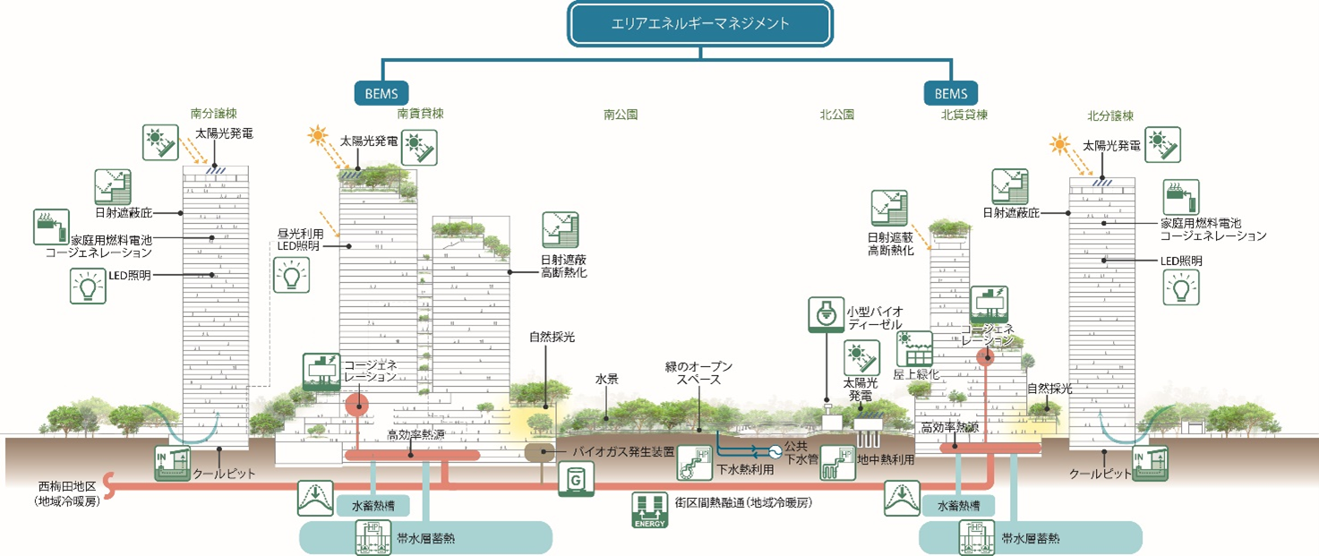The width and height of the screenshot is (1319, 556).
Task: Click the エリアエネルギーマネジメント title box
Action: [699, 24]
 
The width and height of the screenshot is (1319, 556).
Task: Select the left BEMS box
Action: [381, 92]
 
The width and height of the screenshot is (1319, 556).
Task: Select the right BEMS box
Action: [951, 92]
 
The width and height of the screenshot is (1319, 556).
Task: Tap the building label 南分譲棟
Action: [213, 115]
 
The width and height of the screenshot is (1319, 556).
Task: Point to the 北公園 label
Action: [836, 115]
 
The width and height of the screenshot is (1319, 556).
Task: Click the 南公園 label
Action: [621, 115]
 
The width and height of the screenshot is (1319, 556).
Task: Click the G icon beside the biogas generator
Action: [575, 480]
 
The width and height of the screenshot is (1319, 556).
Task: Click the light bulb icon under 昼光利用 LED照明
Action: [290, 274]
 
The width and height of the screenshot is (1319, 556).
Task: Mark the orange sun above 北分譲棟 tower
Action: [1060, 143]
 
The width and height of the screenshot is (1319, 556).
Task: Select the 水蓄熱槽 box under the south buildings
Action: [373, 507]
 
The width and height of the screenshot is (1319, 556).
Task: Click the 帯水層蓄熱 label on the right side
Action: [1030, 538]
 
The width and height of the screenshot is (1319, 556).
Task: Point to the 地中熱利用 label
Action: [886, 460]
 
